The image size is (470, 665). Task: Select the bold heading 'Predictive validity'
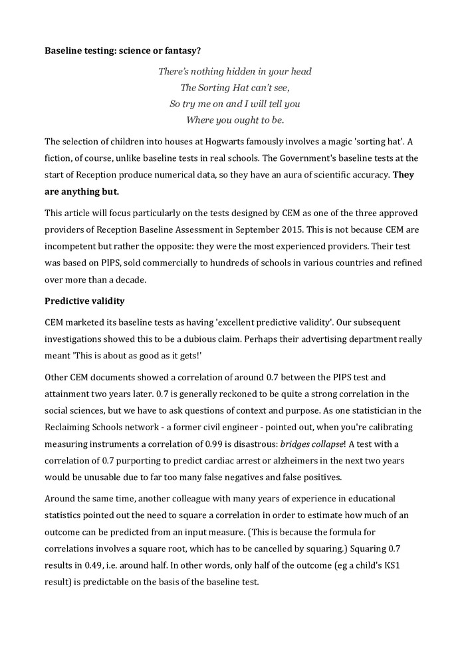click(84, 301)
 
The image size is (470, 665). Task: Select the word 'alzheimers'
click(292, 460)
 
